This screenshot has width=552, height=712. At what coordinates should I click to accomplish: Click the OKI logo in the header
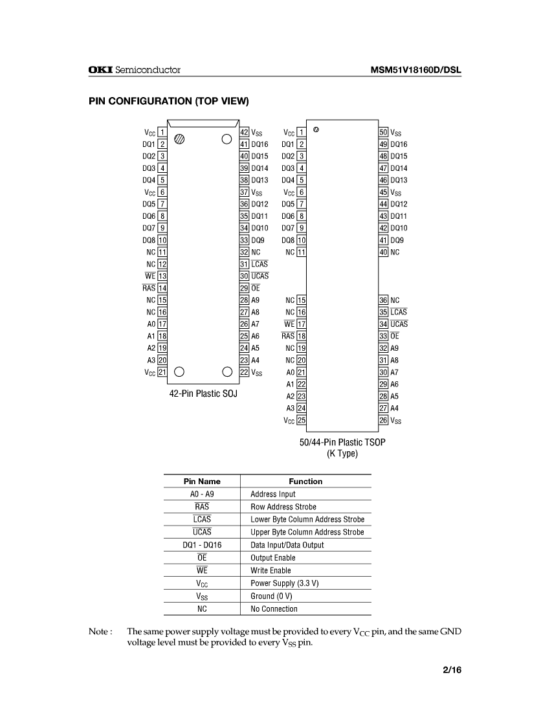(x=100, y=70)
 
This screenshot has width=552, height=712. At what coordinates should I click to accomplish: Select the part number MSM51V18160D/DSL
(x=415, y=70)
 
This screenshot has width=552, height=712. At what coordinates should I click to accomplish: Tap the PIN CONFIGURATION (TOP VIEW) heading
(x=168, y=101)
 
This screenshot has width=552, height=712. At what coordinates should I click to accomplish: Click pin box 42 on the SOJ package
(x=244, y=132)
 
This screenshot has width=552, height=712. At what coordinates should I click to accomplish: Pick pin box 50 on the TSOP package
(x=384, y=132)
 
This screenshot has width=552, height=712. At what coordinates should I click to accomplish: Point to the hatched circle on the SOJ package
(x=181, y=139)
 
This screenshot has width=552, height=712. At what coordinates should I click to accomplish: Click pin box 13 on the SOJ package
(x=162, y=276)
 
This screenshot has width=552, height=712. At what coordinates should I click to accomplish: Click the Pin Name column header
(x=202, y=481)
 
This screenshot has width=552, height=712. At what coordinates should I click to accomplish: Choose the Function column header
(x=305, y=481)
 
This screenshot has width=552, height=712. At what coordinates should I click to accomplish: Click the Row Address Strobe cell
(x=283, y=507)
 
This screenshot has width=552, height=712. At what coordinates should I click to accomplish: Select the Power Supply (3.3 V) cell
(x=285, y=583)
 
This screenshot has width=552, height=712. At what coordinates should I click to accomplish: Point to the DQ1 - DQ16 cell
(x=202, y=545)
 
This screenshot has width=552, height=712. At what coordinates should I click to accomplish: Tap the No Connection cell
(x=274, y=608)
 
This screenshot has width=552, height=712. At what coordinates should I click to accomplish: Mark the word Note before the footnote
(x=100, y=631)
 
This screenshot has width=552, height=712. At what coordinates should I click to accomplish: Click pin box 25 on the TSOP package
(x=302, y=420)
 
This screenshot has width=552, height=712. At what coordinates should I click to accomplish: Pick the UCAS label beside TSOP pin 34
(x=399, y=324)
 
